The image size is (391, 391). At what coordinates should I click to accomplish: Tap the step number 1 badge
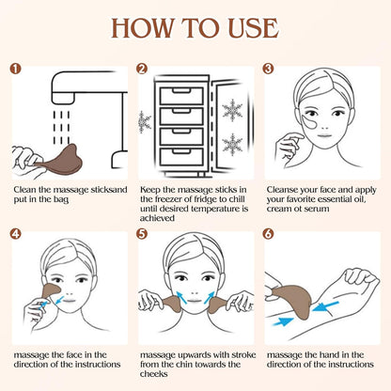tap(17, 68)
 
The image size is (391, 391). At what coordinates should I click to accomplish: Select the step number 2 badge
tap(143, 68)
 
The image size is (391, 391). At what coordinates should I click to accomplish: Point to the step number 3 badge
tap(268, 68)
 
